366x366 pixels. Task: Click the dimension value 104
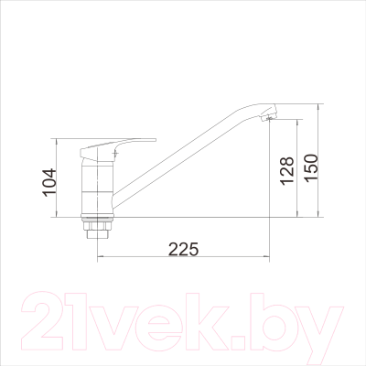49,182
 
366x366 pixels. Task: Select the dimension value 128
287,171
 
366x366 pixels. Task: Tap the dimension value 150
311,168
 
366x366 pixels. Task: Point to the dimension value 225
184,250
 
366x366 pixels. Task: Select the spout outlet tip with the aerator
269,113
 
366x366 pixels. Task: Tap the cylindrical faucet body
97,188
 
